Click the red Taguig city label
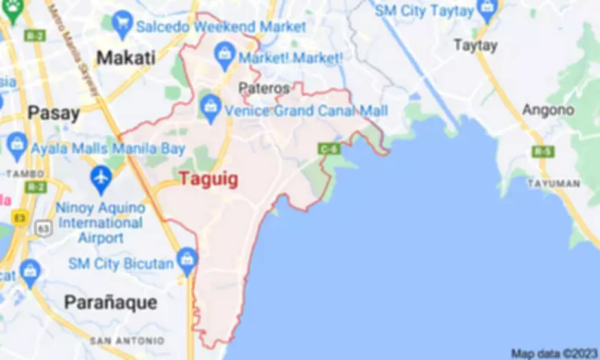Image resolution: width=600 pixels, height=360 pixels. (x=208, y=179)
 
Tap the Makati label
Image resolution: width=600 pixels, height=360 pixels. (x=126, y=57)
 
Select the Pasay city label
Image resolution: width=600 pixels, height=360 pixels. (x=53, y=113)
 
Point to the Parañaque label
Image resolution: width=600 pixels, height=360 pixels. (x=110, y=302)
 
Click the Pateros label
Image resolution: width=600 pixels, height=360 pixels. (x=263, y=88)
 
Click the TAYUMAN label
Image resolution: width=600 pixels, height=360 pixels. (x=553, y=183)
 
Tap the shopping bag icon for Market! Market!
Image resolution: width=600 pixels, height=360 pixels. (x=223, y=53)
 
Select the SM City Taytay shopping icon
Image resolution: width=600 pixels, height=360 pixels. (x=487, y=10)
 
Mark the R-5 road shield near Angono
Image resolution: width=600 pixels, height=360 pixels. (x=541, y=151)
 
